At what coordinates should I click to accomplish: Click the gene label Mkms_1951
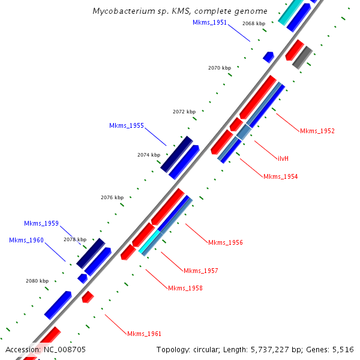point(210,22)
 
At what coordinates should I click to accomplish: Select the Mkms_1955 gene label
point(126,125)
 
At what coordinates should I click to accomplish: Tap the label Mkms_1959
point(41,223)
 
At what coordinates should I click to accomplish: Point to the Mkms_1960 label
point(26,240)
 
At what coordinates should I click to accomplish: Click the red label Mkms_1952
point(317,131)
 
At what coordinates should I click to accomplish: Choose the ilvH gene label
point(283,158)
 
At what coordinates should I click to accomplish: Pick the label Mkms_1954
point(280,176)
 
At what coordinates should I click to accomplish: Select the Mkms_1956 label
point(225,242)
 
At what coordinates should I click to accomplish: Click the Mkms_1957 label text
point(200,271)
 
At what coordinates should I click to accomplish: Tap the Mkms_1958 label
point(185,288)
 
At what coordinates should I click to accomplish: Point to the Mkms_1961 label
point(144,334)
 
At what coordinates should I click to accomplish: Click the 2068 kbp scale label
point(253,23)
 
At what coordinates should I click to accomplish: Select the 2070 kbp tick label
point(219,68)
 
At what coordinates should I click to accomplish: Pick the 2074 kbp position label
point(148,155)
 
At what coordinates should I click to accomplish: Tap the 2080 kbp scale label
point(36,280)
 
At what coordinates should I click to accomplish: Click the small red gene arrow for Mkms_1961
point(88,296)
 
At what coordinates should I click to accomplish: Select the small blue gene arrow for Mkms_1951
point(268,57)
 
